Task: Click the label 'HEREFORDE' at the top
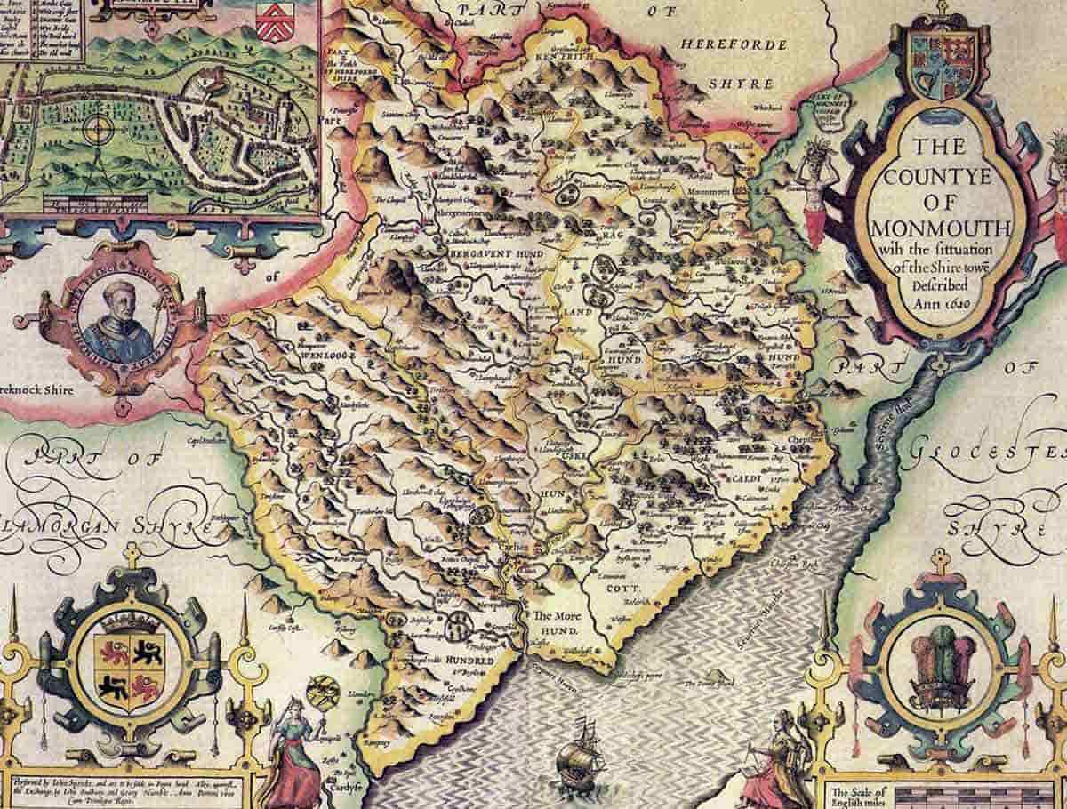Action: [733, 45]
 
